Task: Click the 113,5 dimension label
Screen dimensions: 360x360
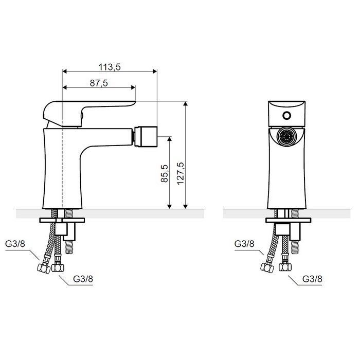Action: point(110,67)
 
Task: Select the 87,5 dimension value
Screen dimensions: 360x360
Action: point(99,83)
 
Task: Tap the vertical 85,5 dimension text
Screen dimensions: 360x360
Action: point(165,173)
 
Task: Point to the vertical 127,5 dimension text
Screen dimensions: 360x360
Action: point(181,173)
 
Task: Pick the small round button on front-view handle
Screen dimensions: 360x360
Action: point(286,116)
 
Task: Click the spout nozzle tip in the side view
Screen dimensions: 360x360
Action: point(146,136)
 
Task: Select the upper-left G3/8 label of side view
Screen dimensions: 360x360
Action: point(15,244)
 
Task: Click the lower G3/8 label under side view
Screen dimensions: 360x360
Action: point(83,279)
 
